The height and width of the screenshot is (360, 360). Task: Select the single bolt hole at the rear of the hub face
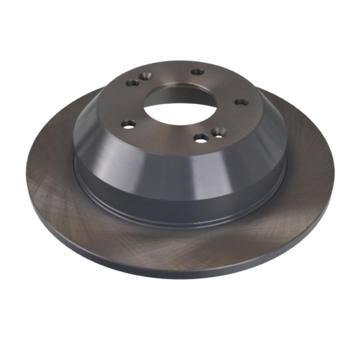(x=197, y=72)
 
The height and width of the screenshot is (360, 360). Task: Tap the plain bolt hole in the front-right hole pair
(x=202, y=139)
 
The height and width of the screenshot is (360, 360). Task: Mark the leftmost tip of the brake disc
(x=26, y=174)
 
